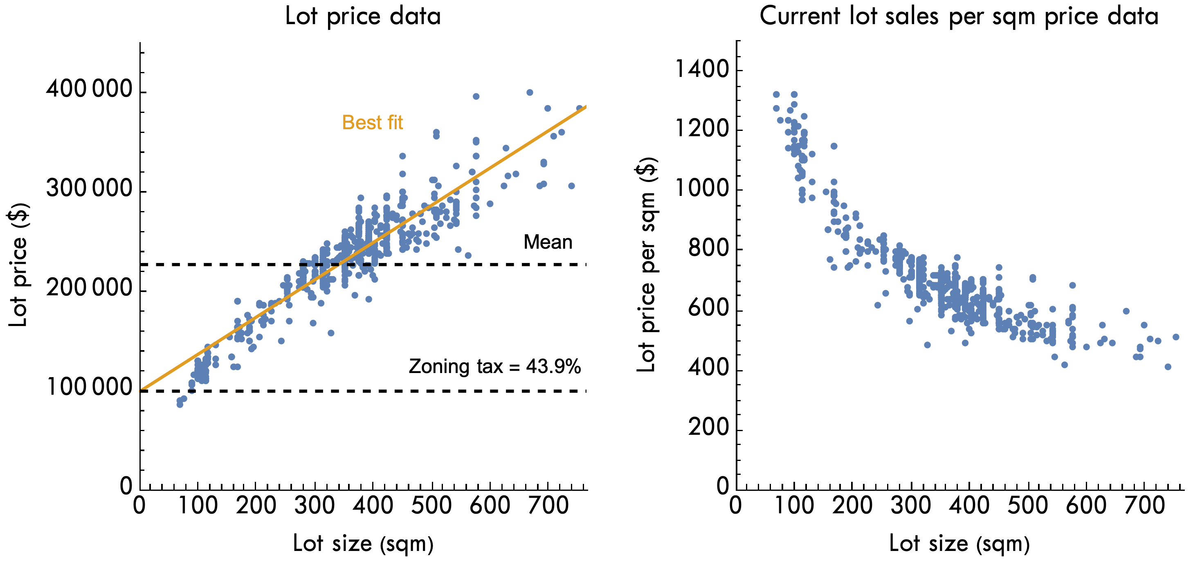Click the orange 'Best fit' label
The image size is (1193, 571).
[x=372, y=123]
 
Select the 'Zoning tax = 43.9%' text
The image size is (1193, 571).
[x=494, y=366]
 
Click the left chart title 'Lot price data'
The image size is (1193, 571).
[x=363, y=16]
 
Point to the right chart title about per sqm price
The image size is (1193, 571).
[x=959, y=16]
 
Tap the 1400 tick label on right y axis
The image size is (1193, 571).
[x=702, y=70]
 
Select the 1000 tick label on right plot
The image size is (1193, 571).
[x=702, y=189]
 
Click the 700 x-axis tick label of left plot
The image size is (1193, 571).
[x=548, y=505]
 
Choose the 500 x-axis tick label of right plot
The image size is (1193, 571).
[x=1028, y=505]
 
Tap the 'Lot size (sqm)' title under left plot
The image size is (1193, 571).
[x=363, y=543]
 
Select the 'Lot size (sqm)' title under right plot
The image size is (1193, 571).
[x=959, y=543]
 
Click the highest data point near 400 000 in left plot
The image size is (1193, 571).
[x=530, y=92]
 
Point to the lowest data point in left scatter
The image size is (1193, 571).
[x=180, y=404]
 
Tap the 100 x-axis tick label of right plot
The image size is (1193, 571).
[x=794, y=505]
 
